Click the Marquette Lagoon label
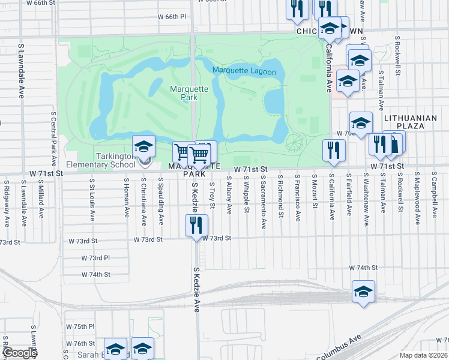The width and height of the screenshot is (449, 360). coord(244,72)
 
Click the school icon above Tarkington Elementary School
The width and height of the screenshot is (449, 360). coord(144,147)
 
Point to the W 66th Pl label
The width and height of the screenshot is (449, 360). coord(172,16)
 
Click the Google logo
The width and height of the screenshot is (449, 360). coord(20,353)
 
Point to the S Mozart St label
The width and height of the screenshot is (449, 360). coord(315,193)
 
